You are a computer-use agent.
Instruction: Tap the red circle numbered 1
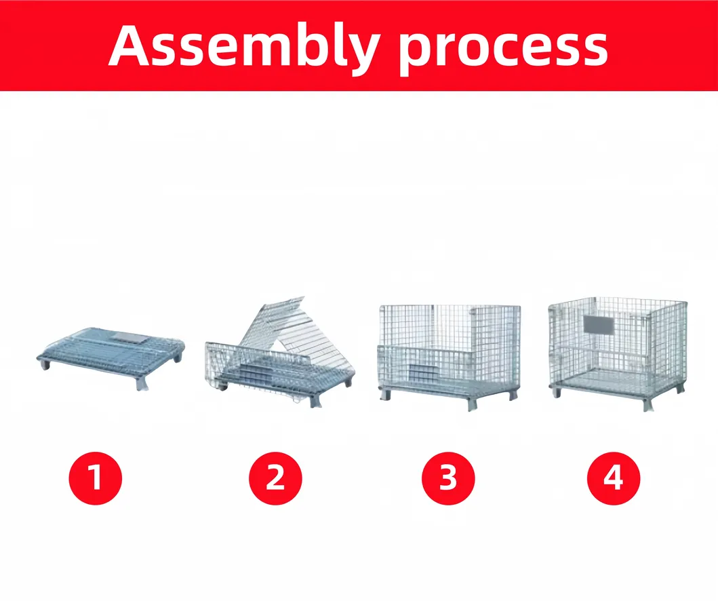(x=95, y=478)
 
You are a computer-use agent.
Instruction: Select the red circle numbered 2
(x=275, y=478)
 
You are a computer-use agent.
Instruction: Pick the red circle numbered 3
(x=448, y=478)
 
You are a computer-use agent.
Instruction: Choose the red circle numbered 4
(x=613, y=478)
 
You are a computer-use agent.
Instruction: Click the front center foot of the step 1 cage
(x=142, y=384)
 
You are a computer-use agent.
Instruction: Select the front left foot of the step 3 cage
(x=386, y=395)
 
